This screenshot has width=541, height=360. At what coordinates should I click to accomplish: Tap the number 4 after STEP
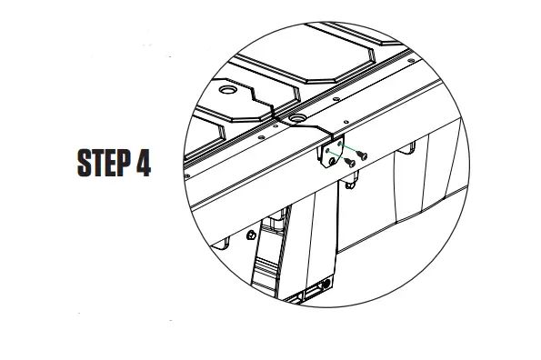141,164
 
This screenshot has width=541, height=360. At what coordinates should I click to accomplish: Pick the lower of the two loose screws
350,163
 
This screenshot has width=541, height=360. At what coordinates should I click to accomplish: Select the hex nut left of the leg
249,235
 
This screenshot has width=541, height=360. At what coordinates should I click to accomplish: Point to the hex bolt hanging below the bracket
349,186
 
